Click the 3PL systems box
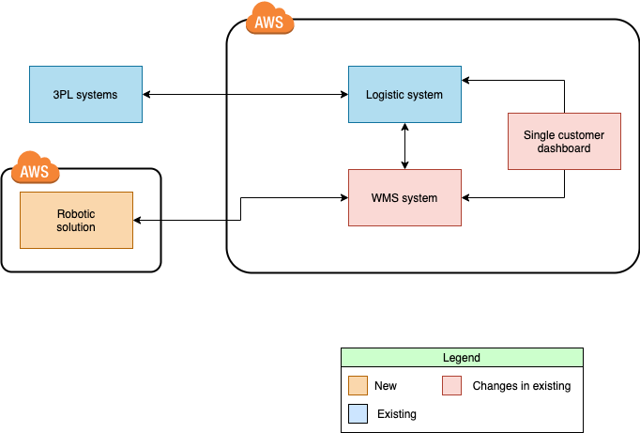[x=85, y=94]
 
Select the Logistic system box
[x=404, y=94]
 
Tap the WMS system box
[x=404, y=197]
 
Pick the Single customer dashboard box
[x=564, y=141]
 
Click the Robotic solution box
[x=76, y=220]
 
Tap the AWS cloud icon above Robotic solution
[x=36, y=170]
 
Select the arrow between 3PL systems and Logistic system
[x=245, y=94]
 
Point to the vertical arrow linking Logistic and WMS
[x=404, y=146]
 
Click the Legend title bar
[x=461, y=358]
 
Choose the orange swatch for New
[x=357, y=385]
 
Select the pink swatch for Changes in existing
[x=452, y=385]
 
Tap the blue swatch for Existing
[x=357, y=413]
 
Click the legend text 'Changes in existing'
[x=521, y=385]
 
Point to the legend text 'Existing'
[x=396, y=413]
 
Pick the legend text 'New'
[x=385, y=385]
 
